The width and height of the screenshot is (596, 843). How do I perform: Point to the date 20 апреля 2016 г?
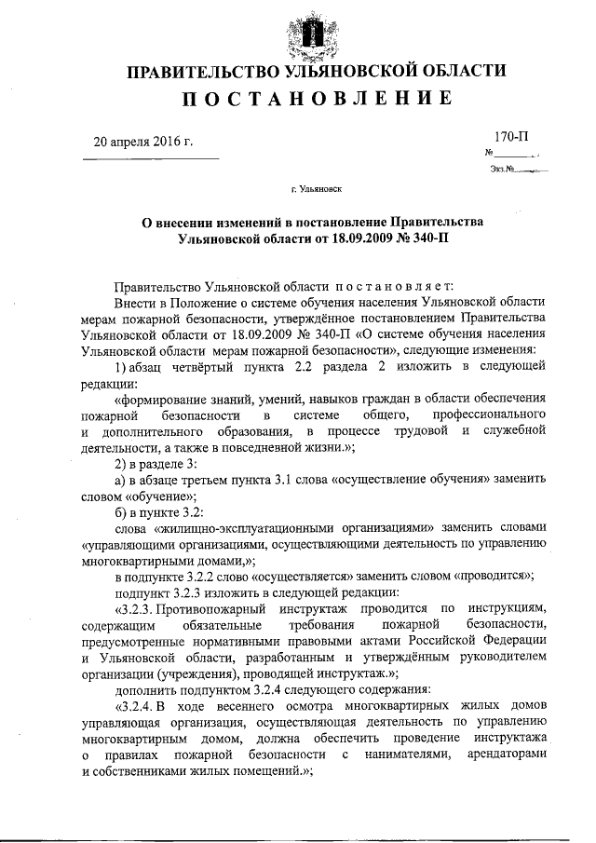[142, 142]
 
